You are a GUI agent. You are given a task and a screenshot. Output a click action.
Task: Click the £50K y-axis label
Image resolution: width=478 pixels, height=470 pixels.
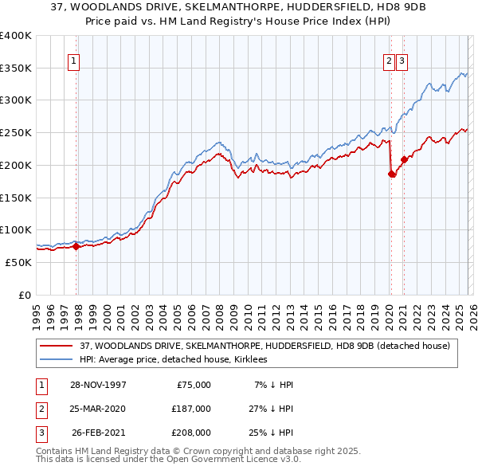tap(19, 262)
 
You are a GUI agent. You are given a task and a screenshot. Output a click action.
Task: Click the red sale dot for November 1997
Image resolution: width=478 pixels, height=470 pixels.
tap(76, 247)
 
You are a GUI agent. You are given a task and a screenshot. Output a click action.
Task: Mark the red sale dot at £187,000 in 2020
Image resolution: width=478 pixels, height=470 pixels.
tap(391, 174)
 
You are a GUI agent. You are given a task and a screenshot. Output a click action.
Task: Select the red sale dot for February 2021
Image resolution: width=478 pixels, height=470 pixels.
tap(404, 160)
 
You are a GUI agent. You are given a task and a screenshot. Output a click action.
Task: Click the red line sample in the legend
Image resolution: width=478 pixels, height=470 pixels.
tap(56, 346)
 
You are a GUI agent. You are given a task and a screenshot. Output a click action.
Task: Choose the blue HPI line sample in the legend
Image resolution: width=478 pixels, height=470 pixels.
tap(56, 359)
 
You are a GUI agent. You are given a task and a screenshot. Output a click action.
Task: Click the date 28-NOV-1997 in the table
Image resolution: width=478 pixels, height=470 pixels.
tap(99, 385)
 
